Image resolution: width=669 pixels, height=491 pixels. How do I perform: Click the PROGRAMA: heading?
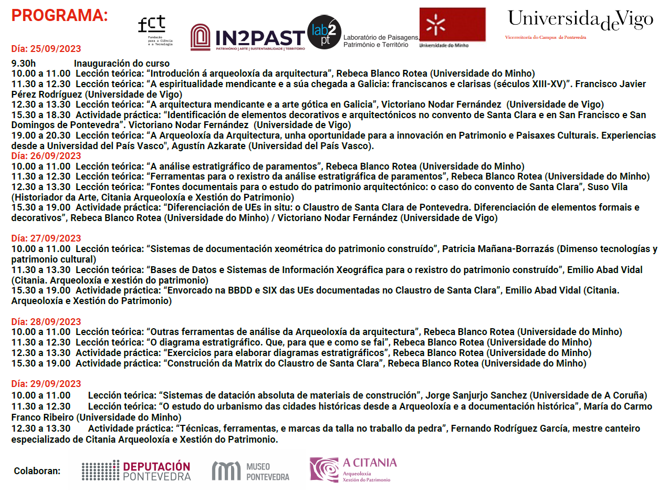tap(59, 15)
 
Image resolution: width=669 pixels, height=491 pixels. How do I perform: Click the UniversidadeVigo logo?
tap(580, 21)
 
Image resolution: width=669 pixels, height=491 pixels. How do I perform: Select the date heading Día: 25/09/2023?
tap(46, 49)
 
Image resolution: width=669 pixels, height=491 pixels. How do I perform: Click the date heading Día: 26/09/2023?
tap(46, 155)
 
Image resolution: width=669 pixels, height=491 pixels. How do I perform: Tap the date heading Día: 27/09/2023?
tap(46, 238)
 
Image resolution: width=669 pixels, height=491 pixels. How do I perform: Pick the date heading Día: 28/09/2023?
tap(46, 321)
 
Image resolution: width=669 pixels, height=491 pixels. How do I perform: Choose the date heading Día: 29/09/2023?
tap(46, 384)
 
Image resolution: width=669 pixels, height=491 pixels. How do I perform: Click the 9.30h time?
tap(24, 63)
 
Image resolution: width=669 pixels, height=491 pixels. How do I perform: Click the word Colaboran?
tap(37, 471)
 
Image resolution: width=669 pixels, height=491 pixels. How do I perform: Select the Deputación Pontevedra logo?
tap(136, 471)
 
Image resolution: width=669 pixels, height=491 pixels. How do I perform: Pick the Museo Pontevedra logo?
tap(250, 471)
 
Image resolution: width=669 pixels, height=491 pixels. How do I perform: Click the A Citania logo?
tap(353, 469)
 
